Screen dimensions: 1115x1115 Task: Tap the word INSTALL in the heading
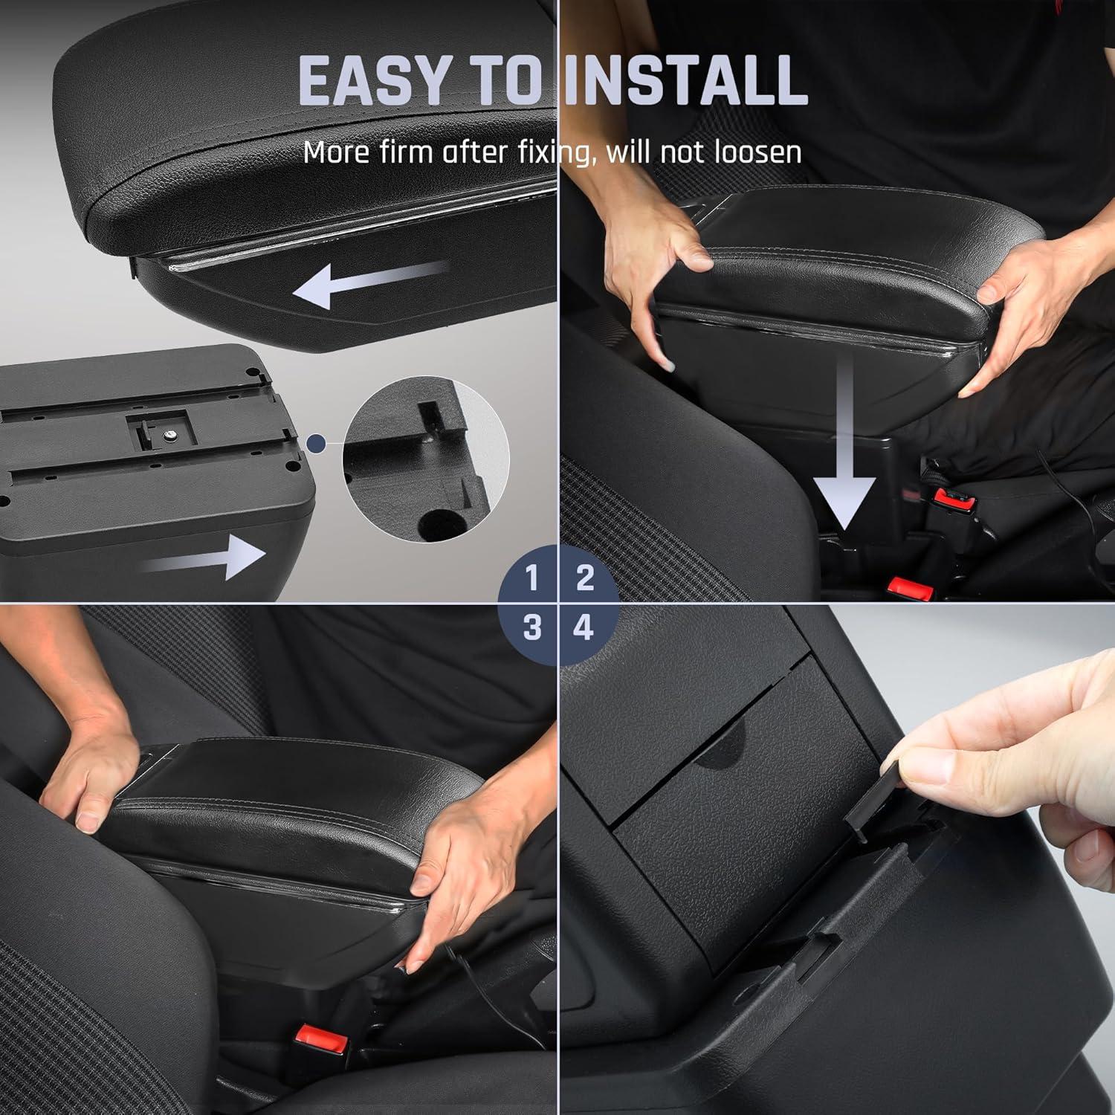pyautogui.click(x=685, y=80)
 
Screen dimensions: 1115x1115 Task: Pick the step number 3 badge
pyautogui.click(x=531, y=628)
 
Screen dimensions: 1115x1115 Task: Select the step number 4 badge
pyautogui.click(x=584, y=628)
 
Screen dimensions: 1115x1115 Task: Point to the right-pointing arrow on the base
pyautogui.click(x=204, y=557)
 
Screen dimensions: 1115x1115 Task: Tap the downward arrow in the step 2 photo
pyautogui.click(x=844, y=461)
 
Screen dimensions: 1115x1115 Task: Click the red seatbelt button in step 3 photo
pyautogui.click(x=321, y=1036)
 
